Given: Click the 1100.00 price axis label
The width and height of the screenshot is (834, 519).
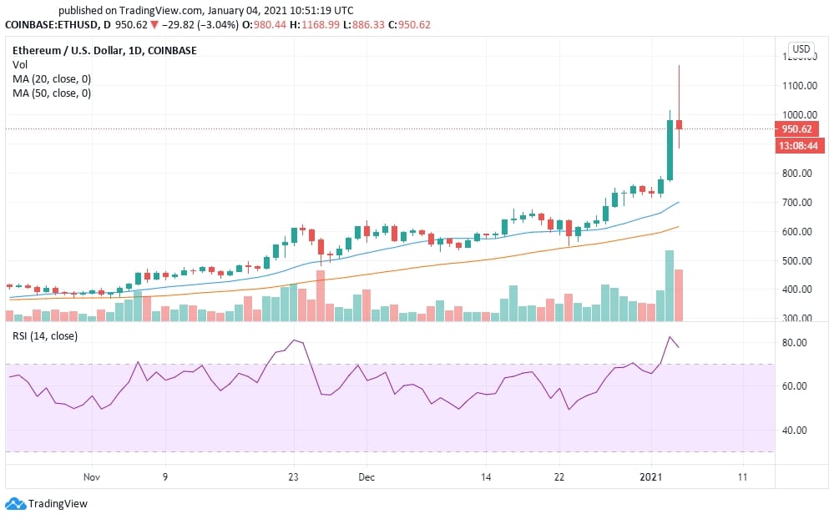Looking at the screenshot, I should [x=800, y=85].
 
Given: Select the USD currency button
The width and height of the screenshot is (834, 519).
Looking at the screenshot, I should [x=801, y=49].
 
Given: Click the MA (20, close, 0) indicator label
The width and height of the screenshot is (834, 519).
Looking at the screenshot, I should [x=52, y=78].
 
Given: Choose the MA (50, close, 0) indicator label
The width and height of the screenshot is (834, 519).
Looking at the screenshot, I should [x=52, y=93].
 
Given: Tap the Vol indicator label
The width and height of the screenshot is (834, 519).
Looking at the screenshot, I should [x=20, y=64].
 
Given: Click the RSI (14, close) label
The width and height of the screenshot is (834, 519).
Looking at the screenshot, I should [x=45, y=336].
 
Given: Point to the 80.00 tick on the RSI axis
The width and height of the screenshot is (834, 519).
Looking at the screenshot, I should [x=795, y=343].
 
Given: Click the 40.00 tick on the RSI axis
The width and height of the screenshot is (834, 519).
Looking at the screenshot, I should [x=795, y=431].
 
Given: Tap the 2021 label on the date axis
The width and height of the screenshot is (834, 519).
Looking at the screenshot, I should [x=651, y=478].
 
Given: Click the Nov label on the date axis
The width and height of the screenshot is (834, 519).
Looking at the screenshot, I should [x=92, y=478].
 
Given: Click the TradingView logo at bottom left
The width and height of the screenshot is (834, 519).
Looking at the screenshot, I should [x=47, y=504].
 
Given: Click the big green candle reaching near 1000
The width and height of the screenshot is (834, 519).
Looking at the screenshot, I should [x=670, y=150].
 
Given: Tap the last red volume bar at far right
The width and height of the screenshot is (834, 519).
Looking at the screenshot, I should [x=680, y=295].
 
